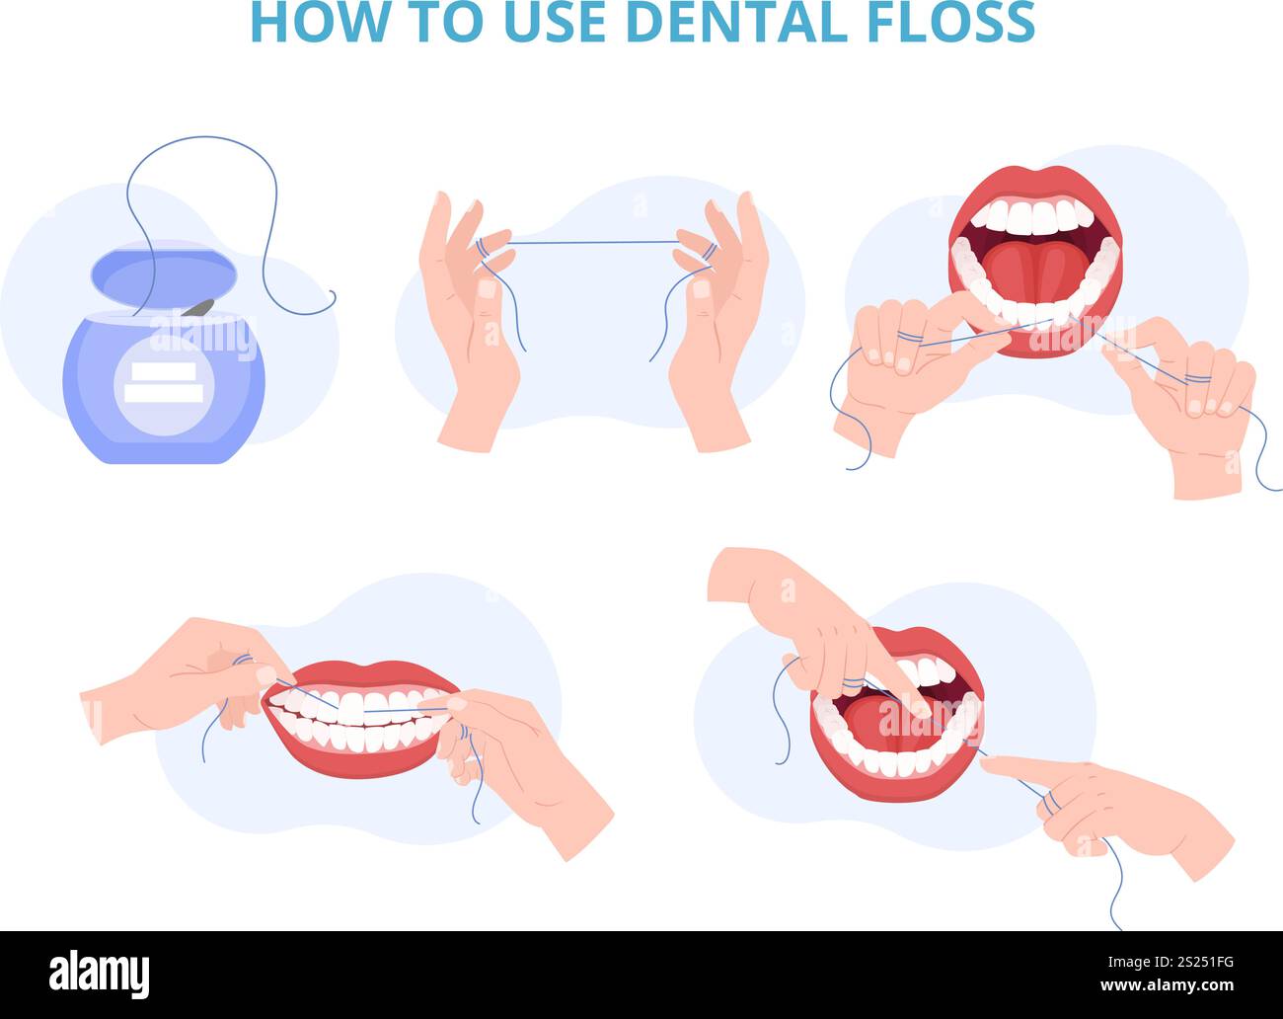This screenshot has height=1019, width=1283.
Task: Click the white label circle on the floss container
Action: (164, 385)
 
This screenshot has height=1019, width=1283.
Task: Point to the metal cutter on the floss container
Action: (199, 307)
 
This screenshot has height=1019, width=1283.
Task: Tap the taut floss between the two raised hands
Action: (592, 241)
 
